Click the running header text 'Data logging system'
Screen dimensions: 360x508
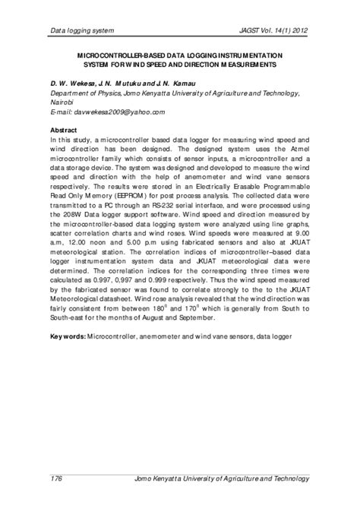[x=81, y=30]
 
